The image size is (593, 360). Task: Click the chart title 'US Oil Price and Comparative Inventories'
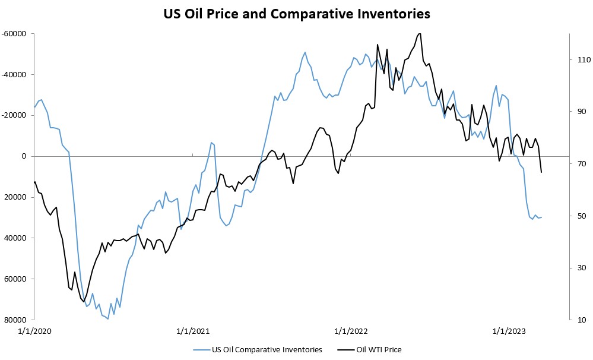click(297, 13)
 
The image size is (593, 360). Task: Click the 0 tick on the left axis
click(24, 156)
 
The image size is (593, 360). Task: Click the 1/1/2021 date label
click(194, 331)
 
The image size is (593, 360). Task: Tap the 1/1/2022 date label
click(351, 331)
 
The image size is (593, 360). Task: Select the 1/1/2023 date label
click(509, 331)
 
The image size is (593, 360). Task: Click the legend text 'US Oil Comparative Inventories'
click(267, 350)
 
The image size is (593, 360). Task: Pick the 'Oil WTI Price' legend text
click(379, 350)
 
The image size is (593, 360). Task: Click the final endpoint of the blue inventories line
click(541, 217)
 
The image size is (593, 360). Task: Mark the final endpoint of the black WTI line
click(541, 172)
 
